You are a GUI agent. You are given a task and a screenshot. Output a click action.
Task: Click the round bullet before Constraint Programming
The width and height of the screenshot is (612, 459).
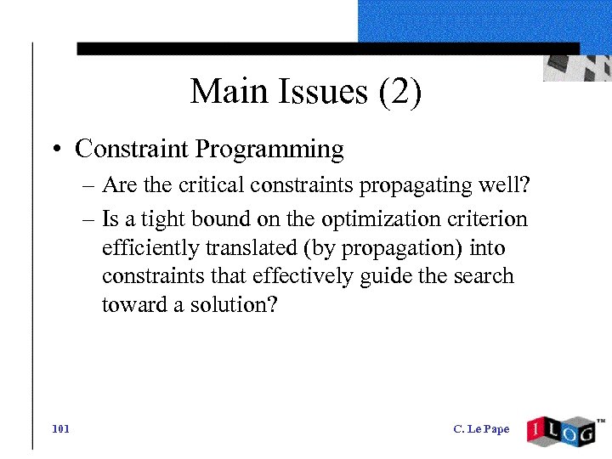click(54, 150)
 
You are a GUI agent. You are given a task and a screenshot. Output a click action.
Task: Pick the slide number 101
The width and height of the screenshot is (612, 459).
click(60, 429)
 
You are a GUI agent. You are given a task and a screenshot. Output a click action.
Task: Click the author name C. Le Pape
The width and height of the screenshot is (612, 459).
click(481, 429)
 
